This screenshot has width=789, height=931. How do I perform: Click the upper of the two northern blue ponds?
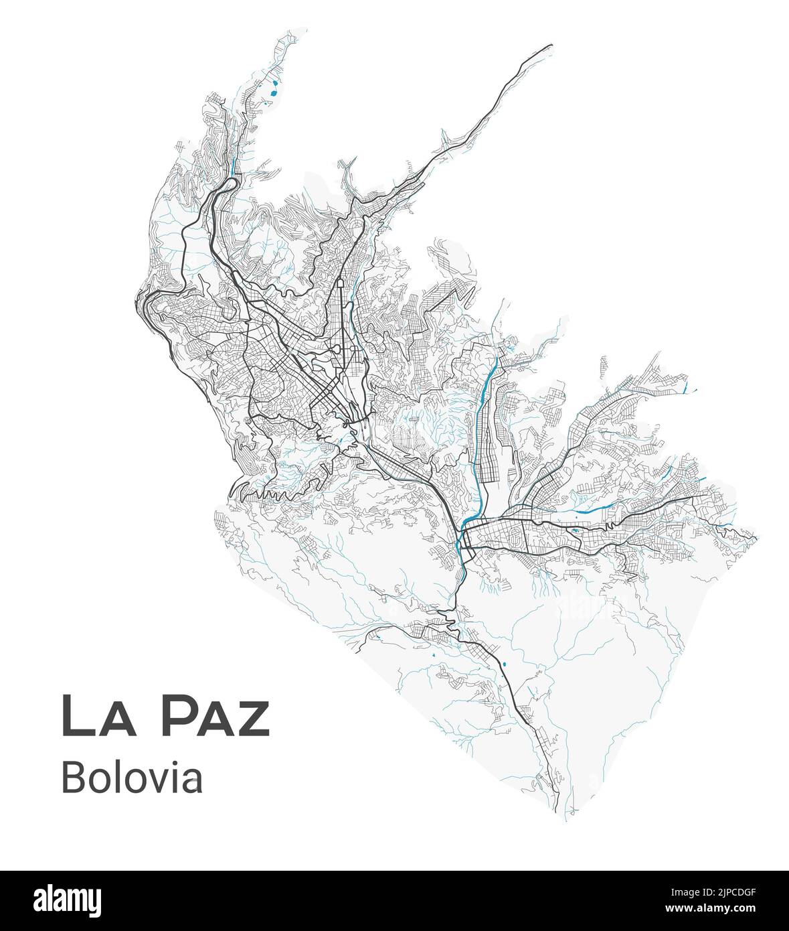click(x=274, y=85)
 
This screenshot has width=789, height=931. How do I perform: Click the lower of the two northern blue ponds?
click(x=271, y=102)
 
